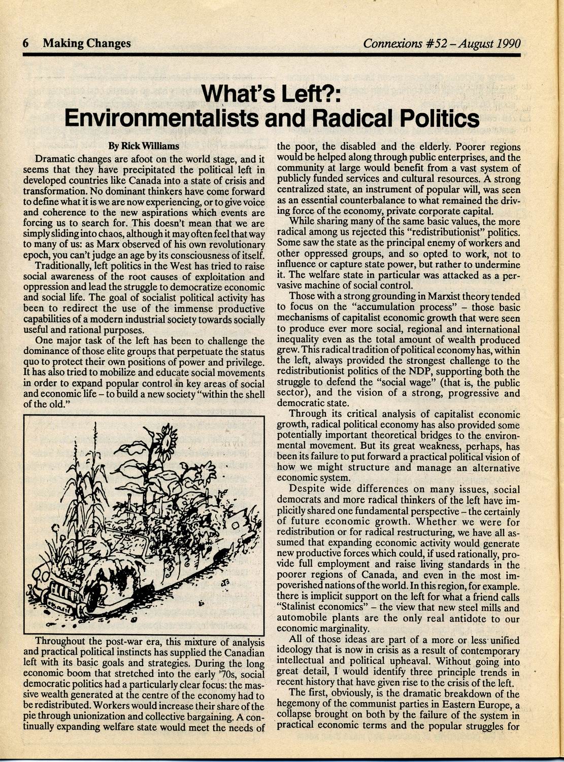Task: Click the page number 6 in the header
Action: pyautogui.click(x=25, y=44)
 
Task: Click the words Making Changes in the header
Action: pyautogui.click(x=87, y=44)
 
